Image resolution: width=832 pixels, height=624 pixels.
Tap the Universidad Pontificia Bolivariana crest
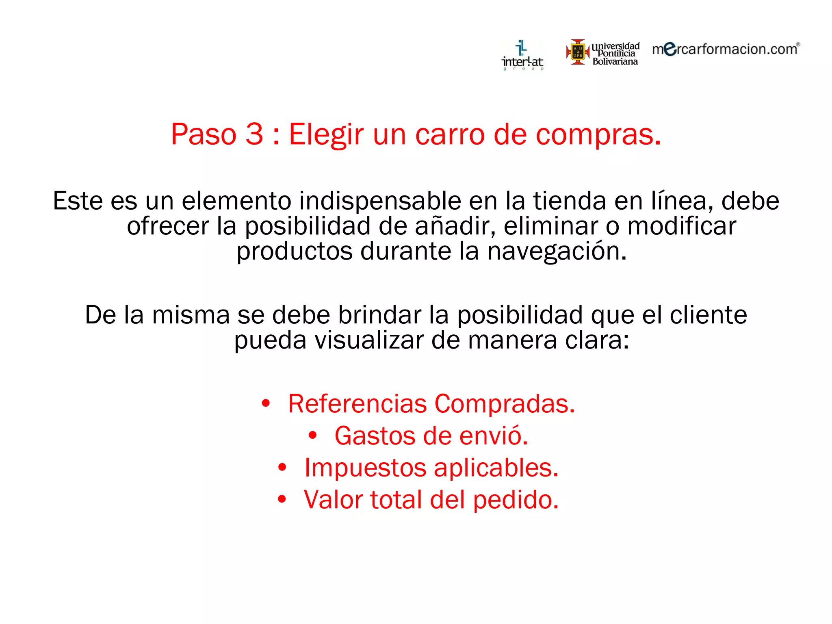click(578, 52)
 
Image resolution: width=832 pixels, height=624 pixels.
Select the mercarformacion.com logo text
click(726, 49)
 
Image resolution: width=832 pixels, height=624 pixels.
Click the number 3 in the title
click(254, 134)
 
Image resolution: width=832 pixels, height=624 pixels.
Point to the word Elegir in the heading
click(326, 135)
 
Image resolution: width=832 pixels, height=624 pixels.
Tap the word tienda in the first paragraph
click(570, 201)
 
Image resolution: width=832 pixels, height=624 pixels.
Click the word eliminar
click(551, 226)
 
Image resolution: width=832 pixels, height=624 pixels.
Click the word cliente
click(708, 315)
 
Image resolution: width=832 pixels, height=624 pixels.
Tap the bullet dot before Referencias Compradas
click(266, 403)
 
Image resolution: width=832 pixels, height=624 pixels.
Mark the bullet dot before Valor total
click(282, 499)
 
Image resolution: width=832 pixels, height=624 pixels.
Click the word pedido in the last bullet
click(516, 500)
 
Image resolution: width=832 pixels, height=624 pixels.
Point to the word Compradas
click(505, 404)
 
